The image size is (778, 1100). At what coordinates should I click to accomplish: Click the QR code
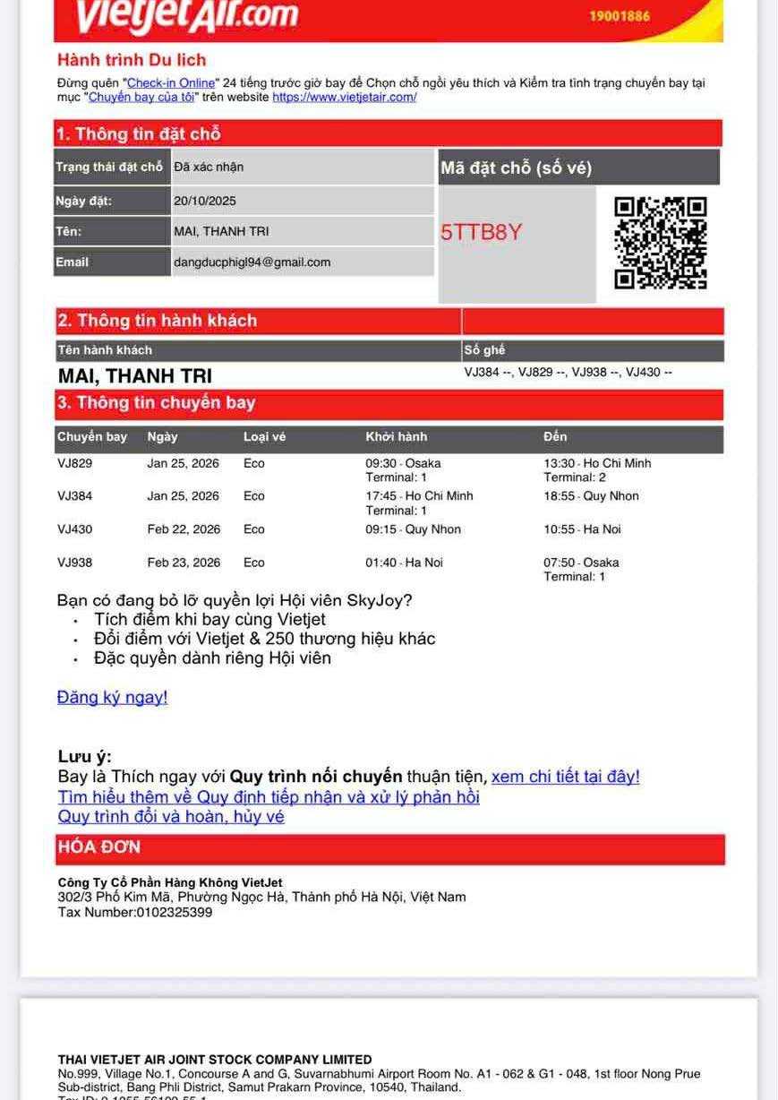point(661,244)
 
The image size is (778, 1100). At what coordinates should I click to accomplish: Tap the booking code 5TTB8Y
point(481,233)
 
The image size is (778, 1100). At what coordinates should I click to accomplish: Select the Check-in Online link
point(171,83)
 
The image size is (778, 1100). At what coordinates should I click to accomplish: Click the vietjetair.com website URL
point(345,97)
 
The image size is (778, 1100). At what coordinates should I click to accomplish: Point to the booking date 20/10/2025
point(205,201)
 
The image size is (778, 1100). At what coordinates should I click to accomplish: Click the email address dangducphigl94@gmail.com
point(252,262)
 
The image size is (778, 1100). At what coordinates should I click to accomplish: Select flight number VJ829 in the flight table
point(74,464)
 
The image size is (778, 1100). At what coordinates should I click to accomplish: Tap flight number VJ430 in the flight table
point(74,529)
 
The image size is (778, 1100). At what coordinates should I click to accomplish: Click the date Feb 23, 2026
point(184,563)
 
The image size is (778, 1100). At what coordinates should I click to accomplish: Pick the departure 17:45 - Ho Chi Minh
point(419,496)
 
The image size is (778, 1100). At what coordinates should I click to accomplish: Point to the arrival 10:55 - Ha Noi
point(582,529)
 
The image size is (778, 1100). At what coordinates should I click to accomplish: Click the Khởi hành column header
point(396,437)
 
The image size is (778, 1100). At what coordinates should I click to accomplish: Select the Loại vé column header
point(264,437)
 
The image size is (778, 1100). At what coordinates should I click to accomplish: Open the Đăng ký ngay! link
point(112,697)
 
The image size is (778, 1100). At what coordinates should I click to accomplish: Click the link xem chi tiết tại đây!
point(565,777)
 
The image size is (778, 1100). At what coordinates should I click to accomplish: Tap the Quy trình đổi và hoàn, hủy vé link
point(171,817)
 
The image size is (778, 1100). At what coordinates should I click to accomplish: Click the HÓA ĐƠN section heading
point(99,847)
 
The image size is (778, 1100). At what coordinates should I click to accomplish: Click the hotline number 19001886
point(620,16)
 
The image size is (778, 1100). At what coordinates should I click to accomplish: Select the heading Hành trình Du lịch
point(132,60)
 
